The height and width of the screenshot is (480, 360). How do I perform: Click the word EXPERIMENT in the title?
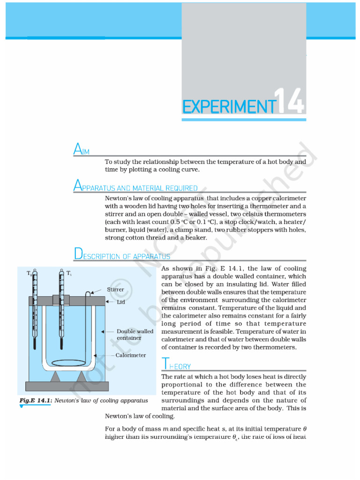tap(228, 106)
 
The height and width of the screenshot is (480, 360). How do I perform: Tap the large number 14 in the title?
tap(290, 101)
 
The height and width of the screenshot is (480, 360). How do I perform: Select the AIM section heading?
tap(82, 150)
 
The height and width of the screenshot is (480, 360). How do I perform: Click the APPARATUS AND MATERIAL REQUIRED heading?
tap(135, 187)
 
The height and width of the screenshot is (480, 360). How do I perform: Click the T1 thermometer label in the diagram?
tap(69, 273)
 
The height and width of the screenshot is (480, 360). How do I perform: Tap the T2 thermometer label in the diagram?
tap(29, 273)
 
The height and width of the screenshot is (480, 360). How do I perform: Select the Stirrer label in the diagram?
tap(115, 290)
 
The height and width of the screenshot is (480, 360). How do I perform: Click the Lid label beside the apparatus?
tap(121, 302)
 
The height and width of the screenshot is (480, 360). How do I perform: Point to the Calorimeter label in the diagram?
tap(131, 355)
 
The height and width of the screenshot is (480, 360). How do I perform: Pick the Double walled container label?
tap(135, 335)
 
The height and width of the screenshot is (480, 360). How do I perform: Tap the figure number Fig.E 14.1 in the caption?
tap(36, 400)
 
